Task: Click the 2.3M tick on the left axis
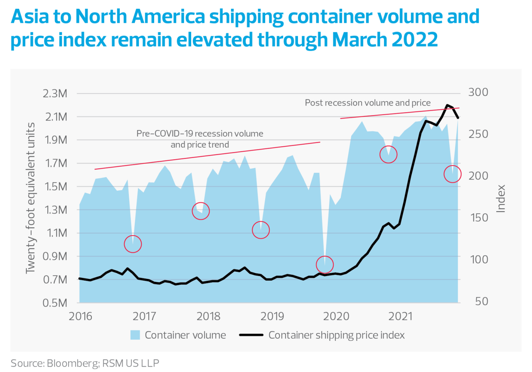click(54, 94)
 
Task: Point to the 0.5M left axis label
click(54, 303)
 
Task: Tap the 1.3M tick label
click(54, 210)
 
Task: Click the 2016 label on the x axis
click(81, 316)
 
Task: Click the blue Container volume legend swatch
click(135, 335)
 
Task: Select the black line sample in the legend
click(251, 335)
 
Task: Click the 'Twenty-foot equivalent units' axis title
click(30, 199)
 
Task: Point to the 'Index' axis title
click(501, 199)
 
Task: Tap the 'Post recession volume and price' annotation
click(367, 102)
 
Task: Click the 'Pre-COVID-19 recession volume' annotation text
click(200, 134)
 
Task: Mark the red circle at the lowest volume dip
click(325, 264)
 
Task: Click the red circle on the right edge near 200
click(453, 174)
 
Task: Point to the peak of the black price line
click(447, 105)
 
